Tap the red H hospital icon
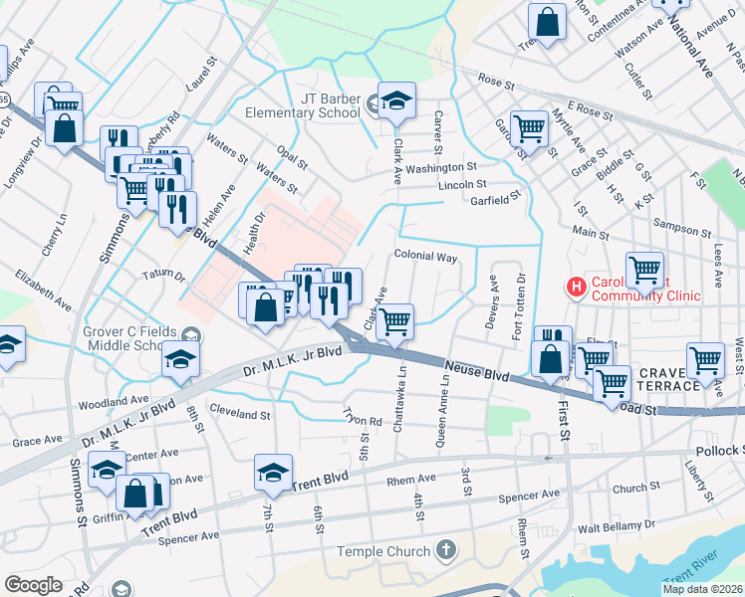pyautogui.click(x=575, y=288)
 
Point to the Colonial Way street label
pyautogui.click(x=425, y=257)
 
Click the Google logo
pyautogui.click(x=33, y=585)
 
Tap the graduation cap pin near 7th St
pyautogui.click(x=272, y=475)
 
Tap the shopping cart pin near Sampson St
pyautogui.click(x=644, y=271)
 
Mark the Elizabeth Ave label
pyautogui.click(x=43, y=288)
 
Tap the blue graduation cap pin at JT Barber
pyautogui.click(x=396, y=101)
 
